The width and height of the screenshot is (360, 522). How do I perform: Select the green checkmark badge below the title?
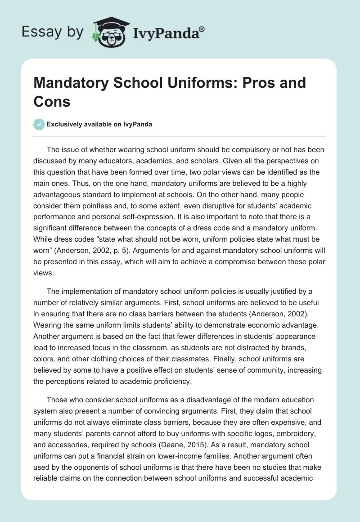pyautogui.click(x=39, y=124)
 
